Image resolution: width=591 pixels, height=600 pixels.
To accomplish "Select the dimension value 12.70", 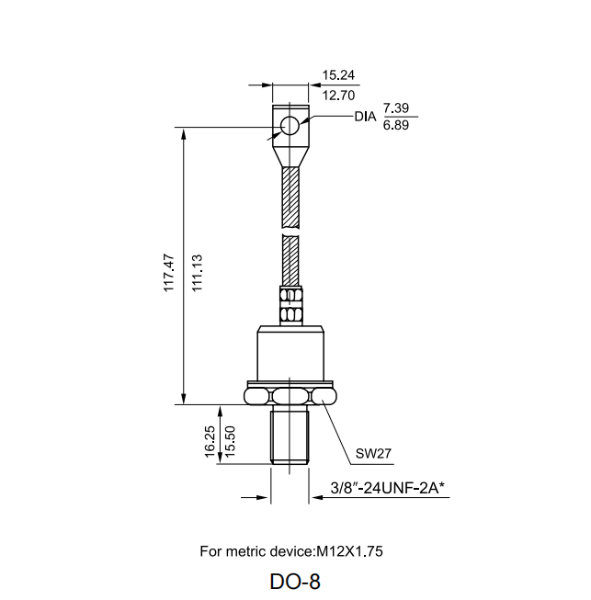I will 336,96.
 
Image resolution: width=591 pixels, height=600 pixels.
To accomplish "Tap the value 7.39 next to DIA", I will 397,109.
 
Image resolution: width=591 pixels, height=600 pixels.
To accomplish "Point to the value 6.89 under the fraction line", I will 397,126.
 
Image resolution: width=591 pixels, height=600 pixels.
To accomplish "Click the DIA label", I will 366,118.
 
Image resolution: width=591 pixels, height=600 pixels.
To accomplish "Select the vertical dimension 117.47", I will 168,271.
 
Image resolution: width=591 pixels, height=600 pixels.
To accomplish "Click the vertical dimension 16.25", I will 210,441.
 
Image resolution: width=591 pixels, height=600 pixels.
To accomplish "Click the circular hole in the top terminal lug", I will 290,126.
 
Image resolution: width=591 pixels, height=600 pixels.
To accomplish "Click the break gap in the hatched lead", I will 290,232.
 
